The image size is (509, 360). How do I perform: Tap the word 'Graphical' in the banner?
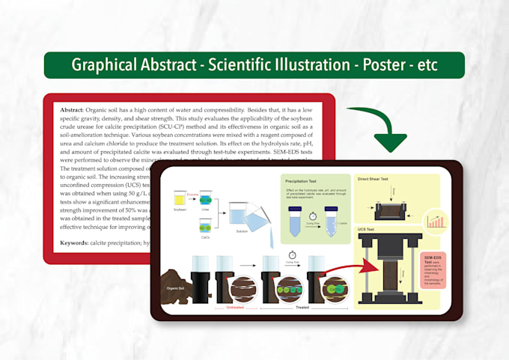point(108,65)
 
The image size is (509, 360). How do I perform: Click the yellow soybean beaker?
point(180,199)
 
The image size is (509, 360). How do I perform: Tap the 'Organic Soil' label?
point(176,286)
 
